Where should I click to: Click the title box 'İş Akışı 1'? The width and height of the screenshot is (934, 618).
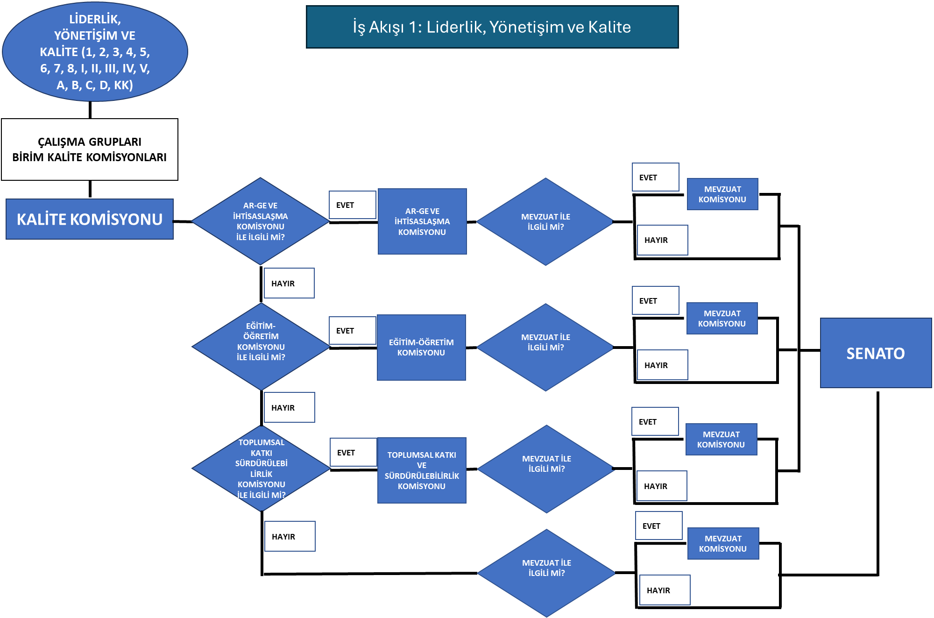492,27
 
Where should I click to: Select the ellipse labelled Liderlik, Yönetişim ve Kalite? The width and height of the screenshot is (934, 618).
95,52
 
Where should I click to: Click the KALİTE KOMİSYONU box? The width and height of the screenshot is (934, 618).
90,219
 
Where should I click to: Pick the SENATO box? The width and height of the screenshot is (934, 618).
876,353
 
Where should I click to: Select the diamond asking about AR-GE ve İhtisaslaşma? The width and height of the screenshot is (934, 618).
261,221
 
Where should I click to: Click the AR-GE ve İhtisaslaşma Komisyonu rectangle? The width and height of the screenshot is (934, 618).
422,221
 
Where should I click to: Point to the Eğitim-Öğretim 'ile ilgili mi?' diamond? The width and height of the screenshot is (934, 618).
261,347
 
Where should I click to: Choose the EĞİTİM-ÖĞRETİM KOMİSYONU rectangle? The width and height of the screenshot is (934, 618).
421,348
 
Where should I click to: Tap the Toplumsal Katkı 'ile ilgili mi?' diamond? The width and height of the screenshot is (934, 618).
262,468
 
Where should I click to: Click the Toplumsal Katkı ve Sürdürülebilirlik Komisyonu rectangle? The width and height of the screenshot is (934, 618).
422,470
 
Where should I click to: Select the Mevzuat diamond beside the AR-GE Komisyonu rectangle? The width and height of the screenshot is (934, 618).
545,222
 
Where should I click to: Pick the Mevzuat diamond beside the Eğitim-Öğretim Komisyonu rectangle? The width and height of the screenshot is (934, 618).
545,347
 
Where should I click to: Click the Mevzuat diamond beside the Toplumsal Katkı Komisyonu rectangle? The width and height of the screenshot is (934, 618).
546,469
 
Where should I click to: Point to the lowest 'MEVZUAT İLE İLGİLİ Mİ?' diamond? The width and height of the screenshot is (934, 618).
546,573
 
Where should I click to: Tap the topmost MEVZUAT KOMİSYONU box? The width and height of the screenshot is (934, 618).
722,194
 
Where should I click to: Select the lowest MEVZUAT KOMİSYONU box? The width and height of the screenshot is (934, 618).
723,544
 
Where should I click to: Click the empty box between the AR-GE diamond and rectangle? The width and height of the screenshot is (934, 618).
353,205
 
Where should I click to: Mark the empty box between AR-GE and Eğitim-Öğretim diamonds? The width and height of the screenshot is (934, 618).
289,283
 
